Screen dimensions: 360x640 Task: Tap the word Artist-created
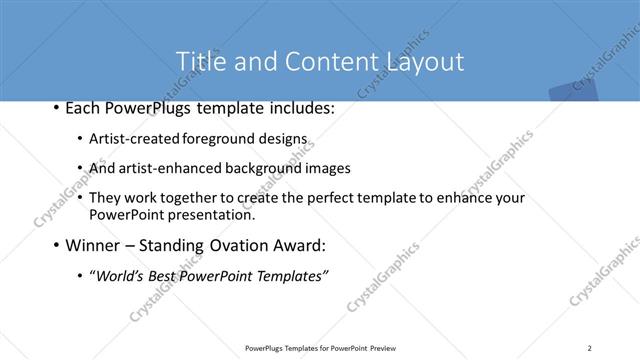point(135,140)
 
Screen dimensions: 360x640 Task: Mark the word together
point(195,198)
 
